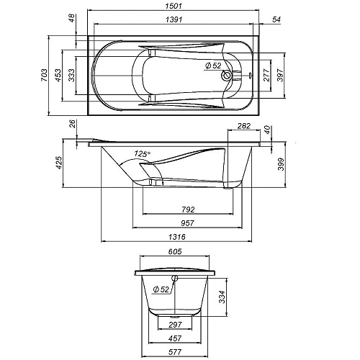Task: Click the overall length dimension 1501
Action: click(172, 7)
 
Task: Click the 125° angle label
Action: click(143, 154)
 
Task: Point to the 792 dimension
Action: click(189, 210)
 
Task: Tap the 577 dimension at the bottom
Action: click(175, 352)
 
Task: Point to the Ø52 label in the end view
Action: click(161, 289)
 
